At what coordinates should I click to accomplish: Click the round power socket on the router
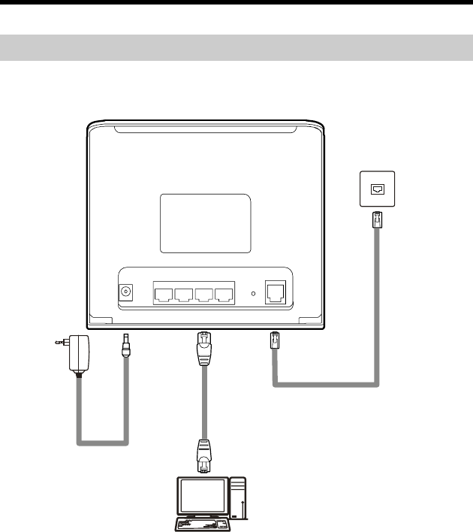coord(127,293)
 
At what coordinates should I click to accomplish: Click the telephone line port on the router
coord(276,292)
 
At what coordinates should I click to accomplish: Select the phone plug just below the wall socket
coord(377,221)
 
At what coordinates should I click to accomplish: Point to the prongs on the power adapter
coord(59,343)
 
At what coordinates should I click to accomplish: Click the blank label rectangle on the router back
coord(205,223)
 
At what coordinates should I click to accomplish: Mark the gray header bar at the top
coord(236,47)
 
